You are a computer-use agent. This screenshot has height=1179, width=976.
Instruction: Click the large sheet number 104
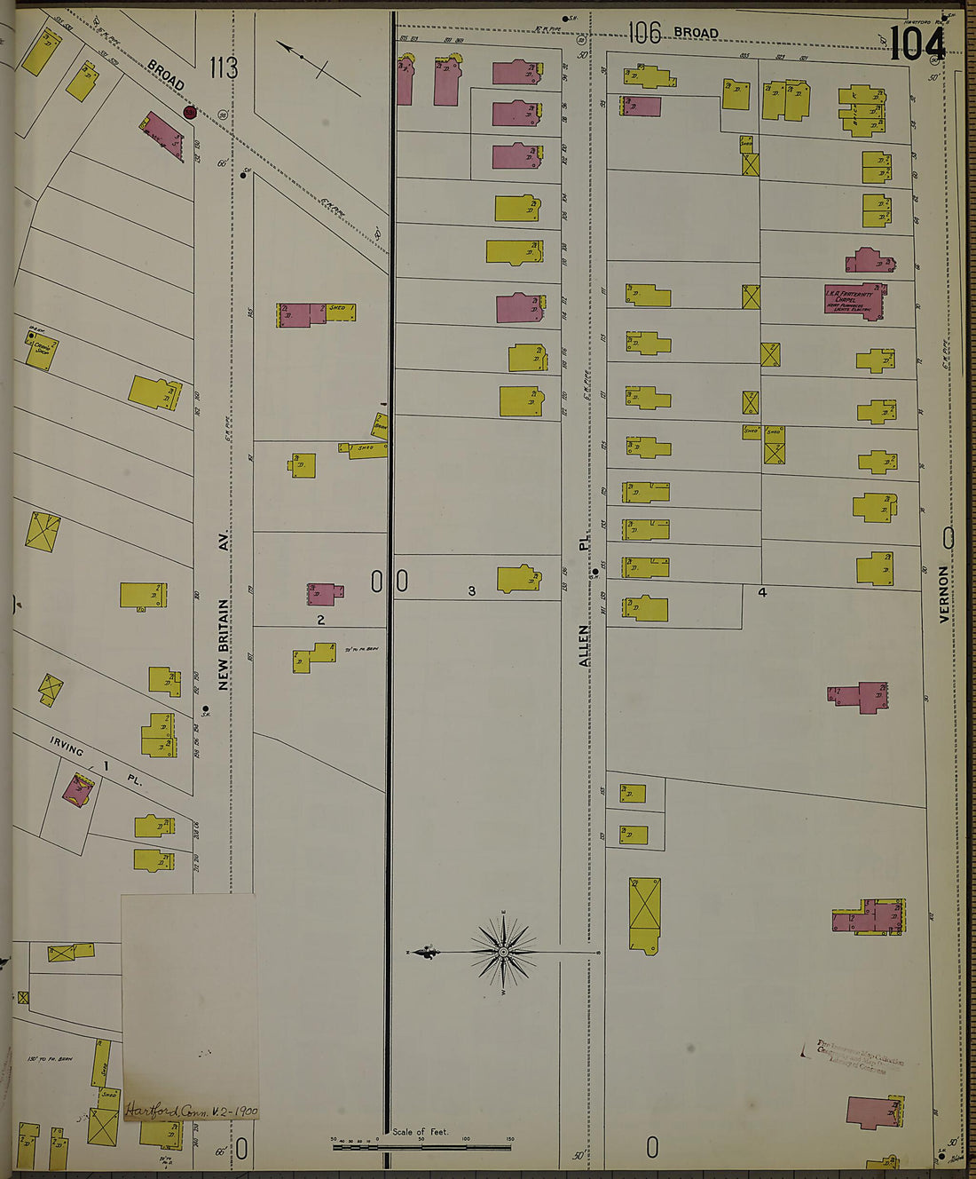click(917, 43)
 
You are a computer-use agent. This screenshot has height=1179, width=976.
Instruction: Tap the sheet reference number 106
click(645, 34)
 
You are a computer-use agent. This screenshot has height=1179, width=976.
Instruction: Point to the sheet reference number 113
click(224, 67)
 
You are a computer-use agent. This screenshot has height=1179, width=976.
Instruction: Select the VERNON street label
click(944, 594)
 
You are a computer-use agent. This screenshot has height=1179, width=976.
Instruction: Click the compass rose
click(503, 952)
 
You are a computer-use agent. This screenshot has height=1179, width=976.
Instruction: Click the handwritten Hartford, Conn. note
click(192, 1110)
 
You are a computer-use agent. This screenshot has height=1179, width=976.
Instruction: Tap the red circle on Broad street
click(189, 112)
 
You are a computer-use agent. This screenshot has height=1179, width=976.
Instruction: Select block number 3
click(471, 591)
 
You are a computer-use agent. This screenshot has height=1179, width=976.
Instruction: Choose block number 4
click(761, 591)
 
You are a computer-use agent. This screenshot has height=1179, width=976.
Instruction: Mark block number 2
click(321, 620)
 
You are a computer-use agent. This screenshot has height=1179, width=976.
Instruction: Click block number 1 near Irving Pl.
click(106, 765)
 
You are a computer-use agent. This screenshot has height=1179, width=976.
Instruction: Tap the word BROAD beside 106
click(696, 33)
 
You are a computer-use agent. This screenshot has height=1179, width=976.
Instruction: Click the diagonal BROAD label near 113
click(166, 75)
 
